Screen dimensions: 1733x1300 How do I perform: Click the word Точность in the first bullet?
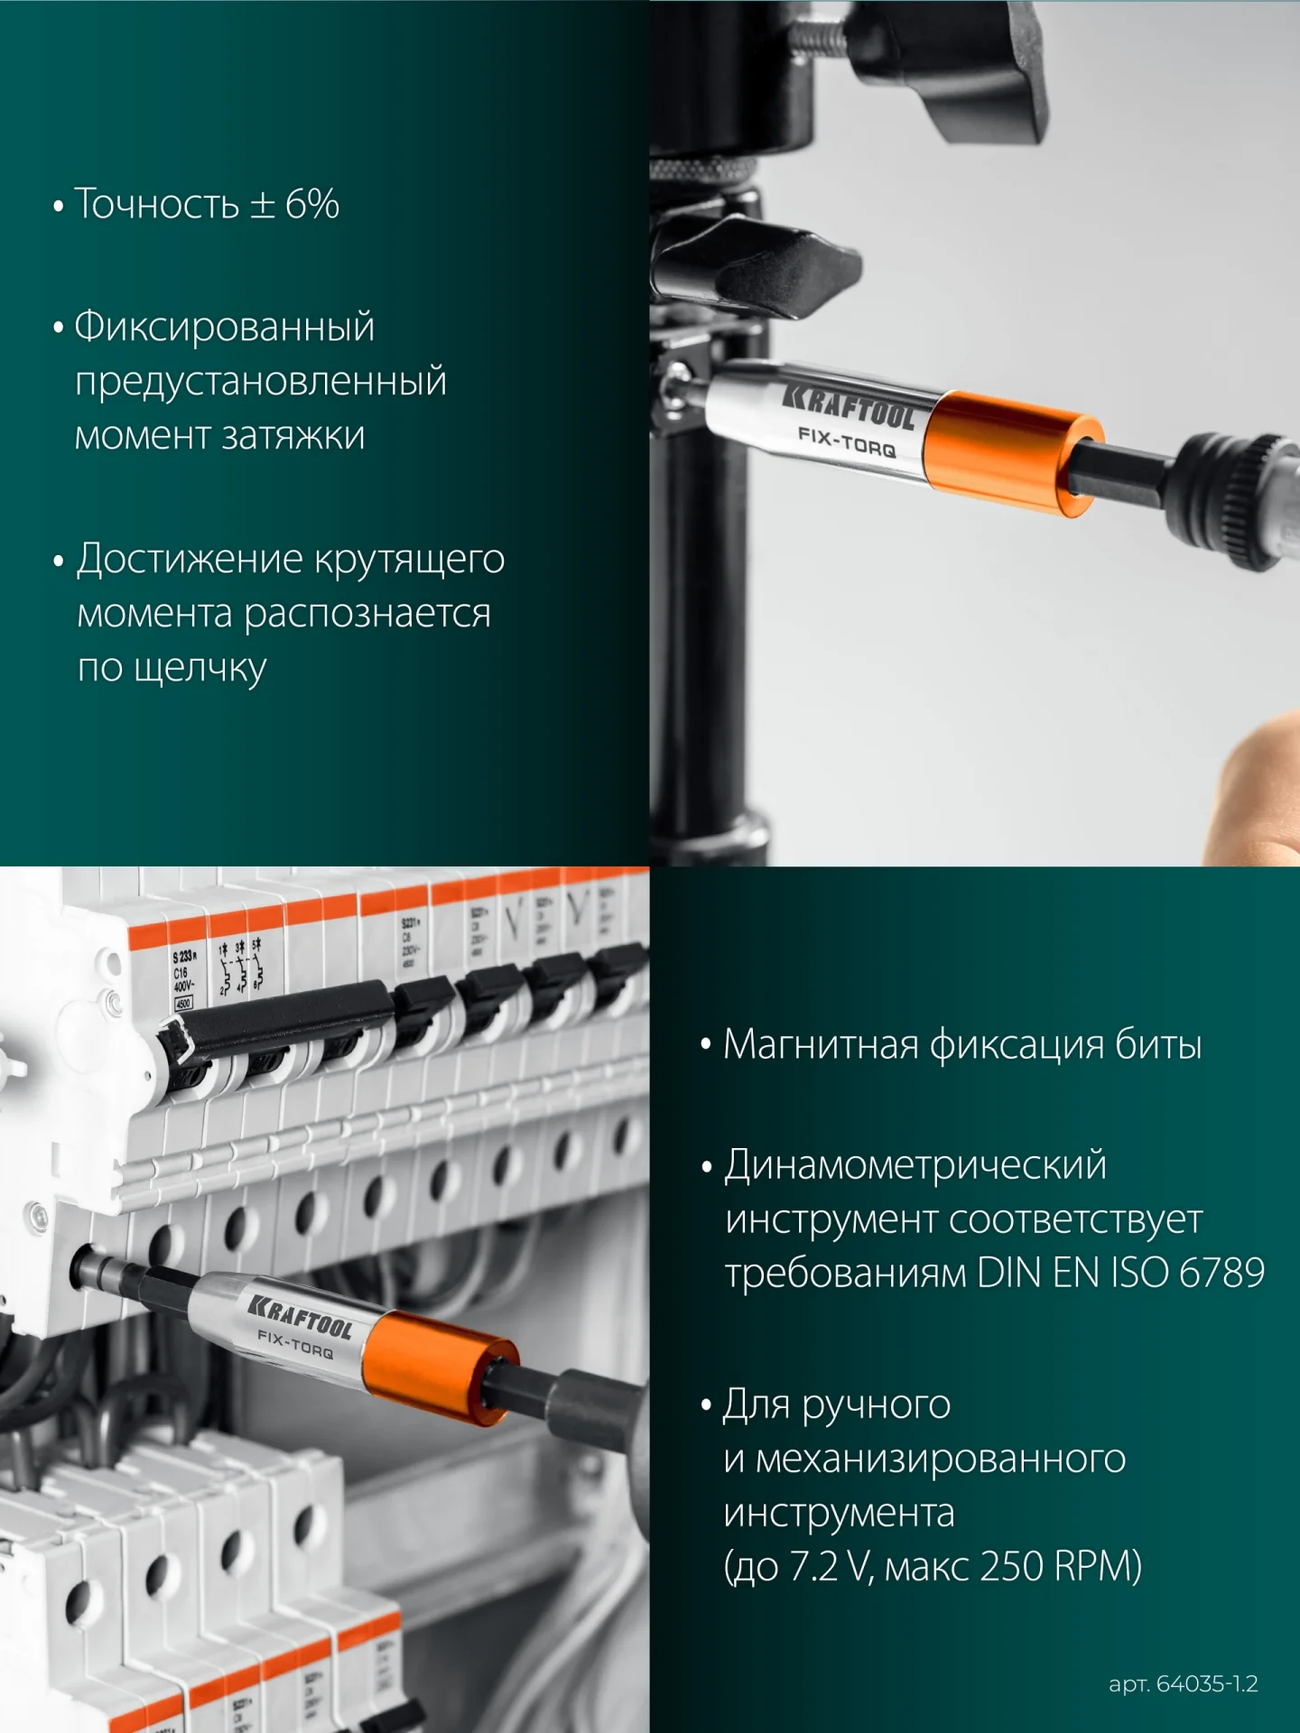(156, 204)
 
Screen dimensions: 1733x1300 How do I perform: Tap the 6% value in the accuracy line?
(311, 204)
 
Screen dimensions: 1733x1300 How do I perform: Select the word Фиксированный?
(224, 326)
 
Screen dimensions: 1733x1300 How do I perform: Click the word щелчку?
(200, 669)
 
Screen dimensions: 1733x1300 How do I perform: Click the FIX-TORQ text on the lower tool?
(295, 1344)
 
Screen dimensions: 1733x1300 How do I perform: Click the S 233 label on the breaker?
(184, 956)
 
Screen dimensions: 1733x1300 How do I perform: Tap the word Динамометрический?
(915, 1165)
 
